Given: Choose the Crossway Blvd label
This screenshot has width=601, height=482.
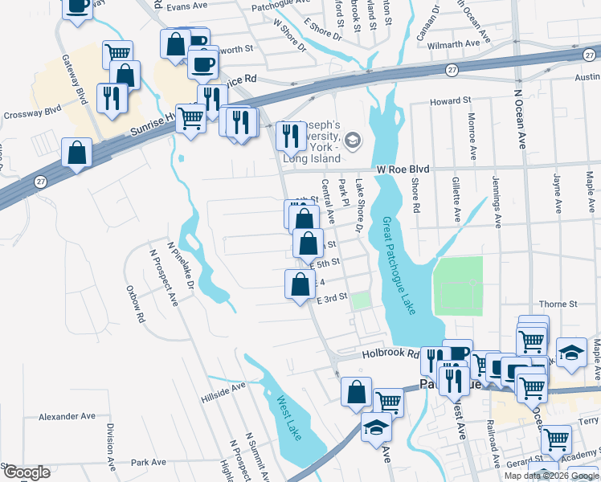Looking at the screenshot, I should pos(31,114).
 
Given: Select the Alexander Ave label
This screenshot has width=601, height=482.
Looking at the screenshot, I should pos(67,417).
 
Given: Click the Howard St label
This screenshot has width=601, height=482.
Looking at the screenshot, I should pos(450,101).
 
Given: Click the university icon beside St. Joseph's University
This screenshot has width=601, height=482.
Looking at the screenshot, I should pos(352,141).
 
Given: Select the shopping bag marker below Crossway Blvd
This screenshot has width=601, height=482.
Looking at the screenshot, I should pos(76,153).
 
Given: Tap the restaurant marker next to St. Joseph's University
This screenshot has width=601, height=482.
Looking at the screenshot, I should pos(288,135).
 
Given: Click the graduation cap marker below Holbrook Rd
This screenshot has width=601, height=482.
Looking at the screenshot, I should pos(376,426).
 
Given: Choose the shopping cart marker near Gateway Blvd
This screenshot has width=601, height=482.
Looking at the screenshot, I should pos(118,54).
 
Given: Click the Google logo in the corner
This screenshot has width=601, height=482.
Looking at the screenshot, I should pos(27,472).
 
